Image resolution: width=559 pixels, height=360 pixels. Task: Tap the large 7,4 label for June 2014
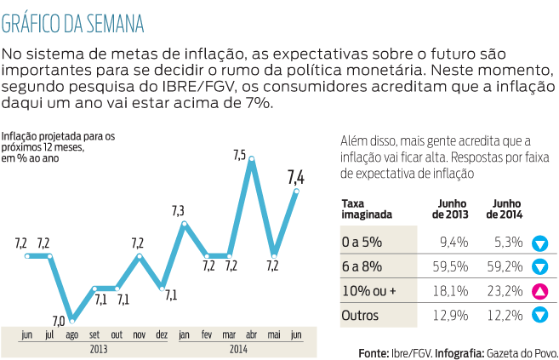tap(296, 177)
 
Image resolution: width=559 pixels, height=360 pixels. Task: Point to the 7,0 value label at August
tap(58, 322)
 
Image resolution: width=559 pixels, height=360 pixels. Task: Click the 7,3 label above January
tap(178, 210)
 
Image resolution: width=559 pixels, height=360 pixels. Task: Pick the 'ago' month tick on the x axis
tap(72, 334)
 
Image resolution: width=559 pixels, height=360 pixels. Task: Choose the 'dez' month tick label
tap(163, 334)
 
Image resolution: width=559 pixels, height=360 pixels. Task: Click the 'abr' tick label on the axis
tap(251, 334)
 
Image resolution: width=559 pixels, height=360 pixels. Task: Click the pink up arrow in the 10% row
tap(539, 292)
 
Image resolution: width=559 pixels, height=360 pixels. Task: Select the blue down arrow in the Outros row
tap(539, 317)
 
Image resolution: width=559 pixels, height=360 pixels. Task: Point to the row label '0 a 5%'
tap(361, 242)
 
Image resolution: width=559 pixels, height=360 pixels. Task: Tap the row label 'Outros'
tap(361, 316)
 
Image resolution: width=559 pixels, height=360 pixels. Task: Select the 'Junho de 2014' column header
tap(504, 209)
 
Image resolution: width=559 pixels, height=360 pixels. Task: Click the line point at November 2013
tap(140, 255)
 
